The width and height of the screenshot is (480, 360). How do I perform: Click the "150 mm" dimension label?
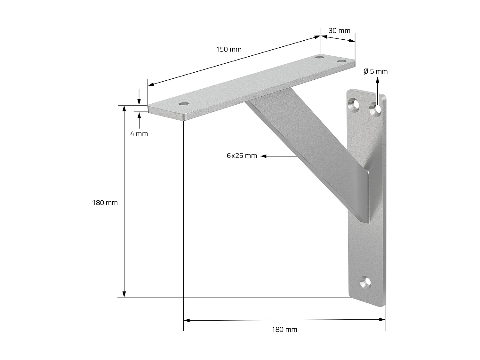point(228,49)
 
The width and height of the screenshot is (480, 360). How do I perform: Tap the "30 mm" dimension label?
point(339,31)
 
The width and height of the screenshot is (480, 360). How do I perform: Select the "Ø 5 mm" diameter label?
point(375,71)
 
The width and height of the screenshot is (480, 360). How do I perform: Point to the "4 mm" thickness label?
point(139,134)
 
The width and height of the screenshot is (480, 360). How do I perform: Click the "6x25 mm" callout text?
point(242,156)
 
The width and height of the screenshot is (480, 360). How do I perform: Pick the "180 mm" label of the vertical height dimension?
point(105,203)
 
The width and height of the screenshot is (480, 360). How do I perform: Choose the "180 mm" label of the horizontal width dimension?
point(284,329)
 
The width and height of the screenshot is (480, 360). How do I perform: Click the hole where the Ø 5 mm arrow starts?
point(376,109)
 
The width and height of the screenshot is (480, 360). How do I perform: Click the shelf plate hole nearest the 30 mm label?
point(342,61)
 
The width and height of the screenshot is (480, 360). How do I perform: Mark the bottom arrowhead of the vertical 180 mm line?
point(124,294)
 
